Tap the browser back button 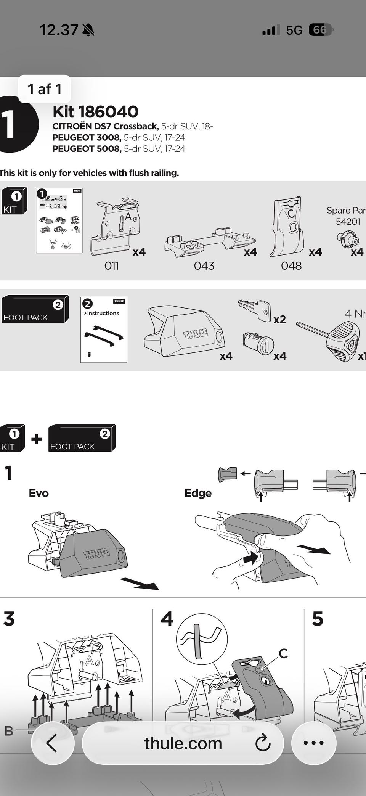[x=52, y=743]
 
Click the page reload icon [x=263, y=743]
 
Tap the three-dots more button [x=313, y=743]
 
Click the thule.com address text [x=183, y=743]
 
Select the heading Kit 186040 [x=95, y=112]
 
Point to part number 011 [x=111, y=265]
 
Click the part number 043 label [x=204, y=265]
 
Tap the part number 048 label [x=291, y=265]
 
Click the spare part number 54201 [x=348, y=221]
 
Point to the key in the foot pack [x=254, y=309]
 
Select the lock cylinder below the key [x=258, y=343]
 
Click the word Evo [x=39, y=493]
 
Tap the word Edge [x=198, y=493]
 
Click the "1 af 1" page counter [x=44, y=89]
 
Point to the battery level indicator [x=320, y=30]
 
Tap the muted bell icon [x=88, y=30]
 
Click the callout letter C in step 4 [x=283, y=654]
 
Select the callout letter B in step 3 [x=9, y=731]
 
